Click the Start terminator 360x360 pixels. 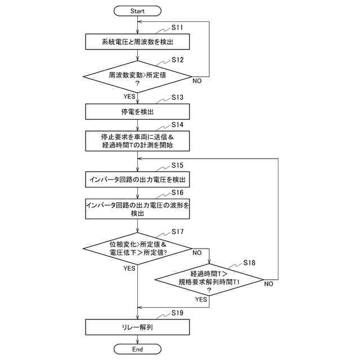tap(137, 11)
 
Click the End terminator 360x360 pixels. tap(137, 349)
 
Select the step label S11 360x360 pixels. tap(177, 28)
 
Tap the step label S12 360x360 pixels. tap(178, 60)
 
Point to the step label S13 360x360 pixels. tap(178, 97)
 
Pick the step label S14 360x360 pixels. tap(178, 125)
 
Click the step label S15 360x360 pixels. tap(178, 165)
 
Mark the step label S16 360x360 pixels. tap(178, 192)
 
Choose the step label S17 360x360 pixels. tap(178, 232)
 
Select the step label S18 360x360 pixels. tap(249, 263)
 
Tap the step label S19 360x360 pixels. tap(178, 313)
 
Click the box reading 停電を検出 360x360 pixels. tap(137, 111)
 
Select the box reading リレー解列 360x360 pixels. tap(137, 327)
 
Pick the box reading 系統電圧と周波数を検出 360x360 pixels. tap(137, 42)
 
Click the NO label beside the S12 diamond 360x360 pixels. tap(197, 81)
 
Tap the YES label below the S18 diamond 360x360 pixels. tap(201, 299)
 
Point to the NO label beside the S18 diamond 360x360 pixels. tap(269, 283)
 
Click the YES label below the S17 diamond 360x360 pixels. tap(129, 268)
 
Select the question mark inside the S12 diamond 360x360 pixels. tap(137, 83)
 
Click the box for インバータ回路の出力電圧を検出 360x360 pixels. tap(137, 179)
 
